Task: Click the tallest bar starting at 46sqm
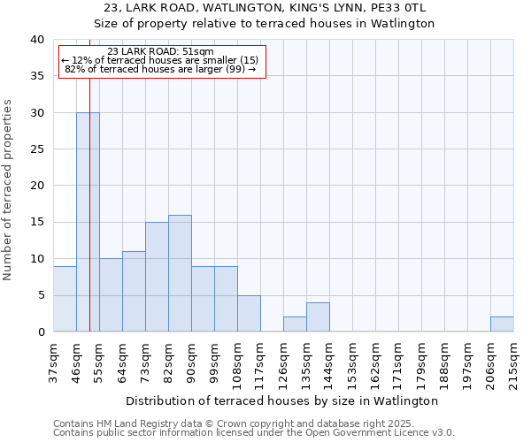tap(88, 222)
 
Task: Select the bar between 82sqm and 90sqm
tap(180, 273)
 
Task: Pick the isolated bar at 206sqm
tap(502, 324)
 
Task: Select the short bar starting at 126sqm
tap(295, 324)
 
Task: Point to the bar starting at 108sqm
tap(249, 314)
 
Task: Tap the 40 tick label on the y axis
tap(36, 40)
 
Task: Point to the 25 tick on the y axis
tap(36, 149)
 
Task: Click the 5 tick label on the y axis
tap(40, 295)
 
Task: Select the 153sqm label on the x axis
tap(352, 361)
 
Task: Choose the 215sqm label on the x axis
tap(513, 361)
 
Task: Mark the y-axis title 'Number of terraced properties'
tap(8, 190)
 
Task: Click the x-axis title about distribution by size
tap(282, 400)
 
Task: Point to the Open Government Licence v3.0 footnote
tap(254, 433)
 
